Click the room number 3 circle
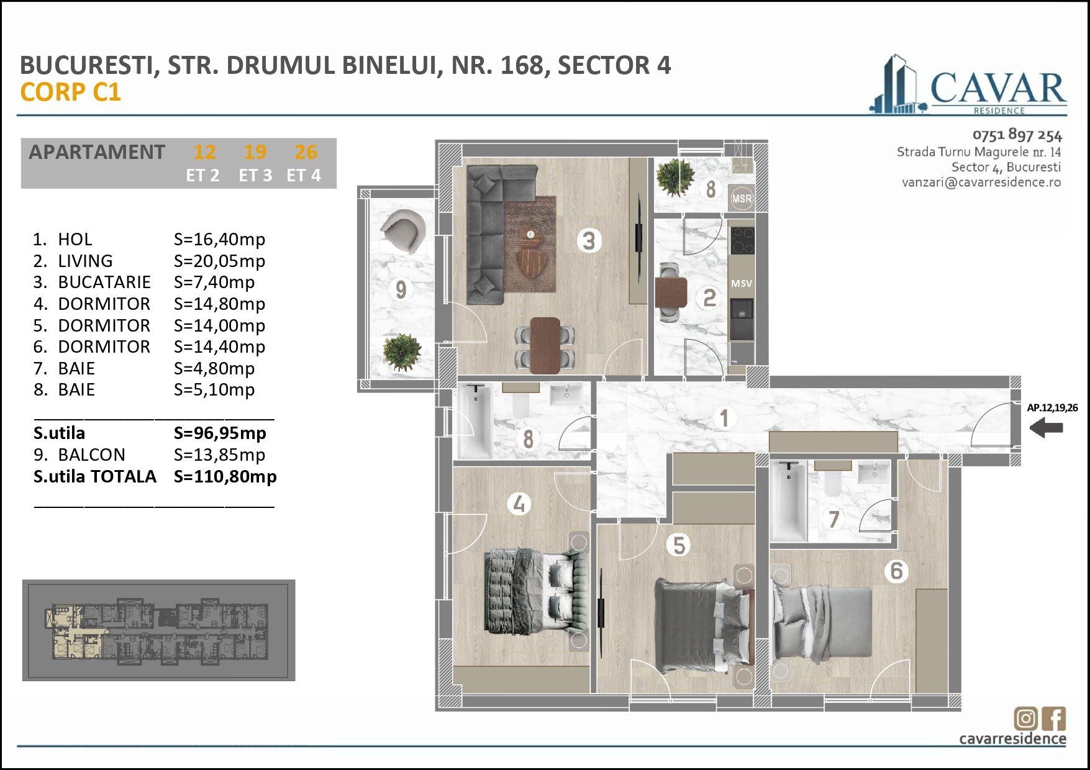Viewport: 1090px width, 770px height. [589, 240]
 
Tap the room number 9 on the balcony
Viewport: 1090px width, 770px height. [401, 289]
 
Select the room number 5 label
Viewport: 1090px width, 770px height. [679, 545]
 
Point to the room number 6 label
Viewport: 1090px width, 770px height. [896, 571]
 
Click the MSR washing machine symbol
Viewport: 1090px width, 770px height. [742, 199]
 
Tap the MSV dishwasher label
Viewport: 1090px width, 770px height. [741, 283]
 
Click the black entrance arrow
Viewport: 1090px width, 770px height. [1046, 428]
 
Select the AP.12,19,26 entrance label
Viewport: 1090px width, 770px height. [1052, 408]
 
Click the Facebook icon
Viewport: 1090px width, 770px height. [1055, 718]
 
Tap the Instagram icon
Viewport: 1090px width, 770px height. [1025, 718]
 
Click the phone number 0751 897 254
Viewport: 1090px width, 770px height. [1017, 135]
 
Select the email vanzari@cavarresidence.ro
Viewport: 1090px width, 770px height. [981, 183]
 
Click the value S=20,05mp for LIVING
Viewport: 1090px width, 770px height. [219, 261]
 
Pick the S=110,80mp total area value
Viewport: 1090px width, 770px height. [225, 476]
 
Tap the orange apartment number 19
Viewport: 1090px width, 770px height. [255, 152]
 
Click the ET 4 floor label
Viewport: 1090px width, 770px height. [304, 176]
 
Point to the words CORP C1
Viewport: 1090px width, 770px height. [70, 92]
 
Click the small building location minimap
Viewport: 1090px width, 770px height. [158, 630]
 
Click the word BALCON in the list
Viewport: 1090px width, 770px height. [91, 455]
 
